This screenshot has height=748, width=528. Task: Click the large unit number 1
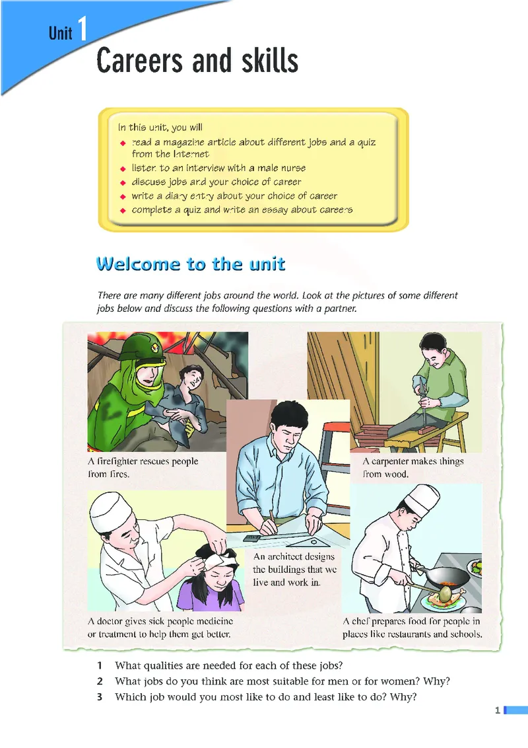82,28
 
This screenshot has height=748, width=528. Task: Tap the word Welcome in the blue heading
139,264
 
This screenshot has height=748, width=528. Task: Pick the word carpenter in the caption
395,461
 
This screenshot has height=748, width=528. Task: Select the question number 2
100,681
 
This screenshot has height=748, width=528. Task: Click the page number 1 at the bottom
498,710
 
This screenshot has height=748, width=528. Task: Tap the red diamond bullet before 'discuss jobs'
123,182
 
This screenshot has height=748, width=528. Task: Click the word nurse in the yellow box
294,168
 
